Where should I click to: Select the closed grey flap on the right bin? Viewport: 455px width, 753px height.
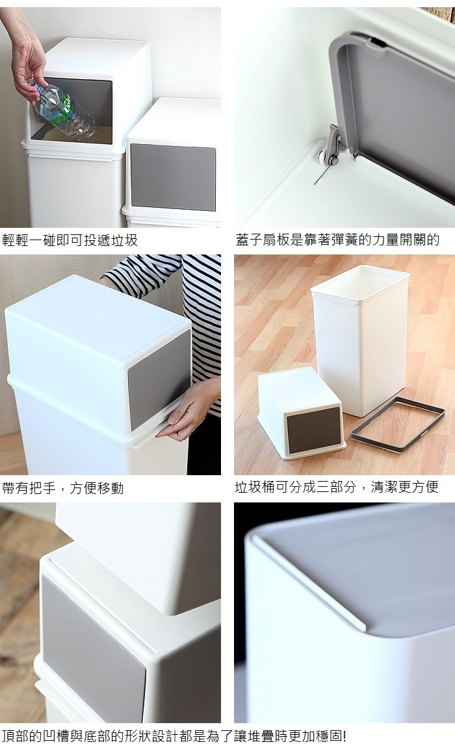tap(173, 177)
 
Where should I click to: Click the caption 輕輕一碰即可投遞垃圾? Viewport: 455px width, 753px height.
tap(70, 240)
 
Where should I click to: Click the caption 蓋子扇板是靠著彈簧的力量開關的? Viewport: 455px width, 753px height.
tap(337, 239)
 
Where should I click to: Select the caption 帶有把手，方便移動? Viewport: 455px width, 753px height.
tap(63, 488)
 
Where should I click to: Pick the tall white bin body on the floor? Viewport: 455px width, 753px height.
tap(359, 339)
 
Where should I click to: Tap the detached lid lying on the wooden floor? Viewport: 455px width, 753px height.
tap(301, 414)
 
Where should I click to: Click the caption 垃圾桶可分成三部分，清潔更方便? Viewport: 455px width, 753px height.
tap(337, 487)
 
